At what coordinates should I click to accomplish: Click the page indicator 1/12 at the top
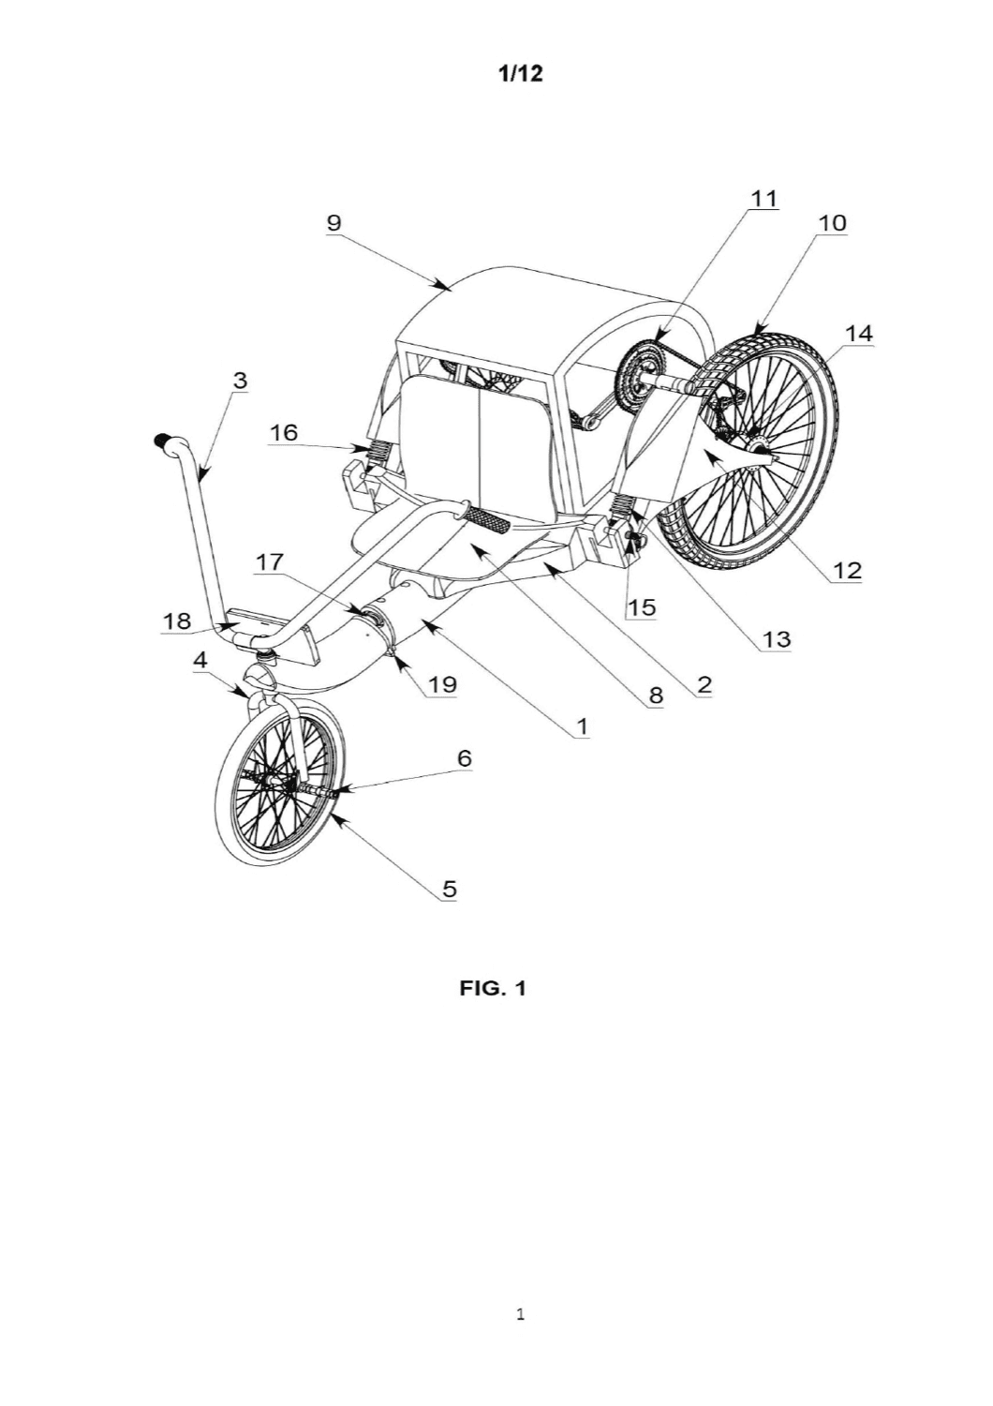point(519,74)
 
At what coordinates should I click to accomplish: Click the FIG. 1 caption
point(493,989)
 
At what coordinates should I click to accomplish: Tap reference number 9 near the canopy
point(333,224)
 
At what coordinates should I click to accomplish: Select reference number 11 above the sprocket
point(764,199)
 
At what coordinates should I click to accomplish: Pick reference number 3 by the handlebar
point(239,381)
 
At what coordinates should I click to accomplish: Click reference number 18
point(177,621)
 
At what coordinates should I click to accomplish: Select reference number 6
point(464,758)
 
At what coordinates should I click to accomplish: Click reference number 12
point(848,570)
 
